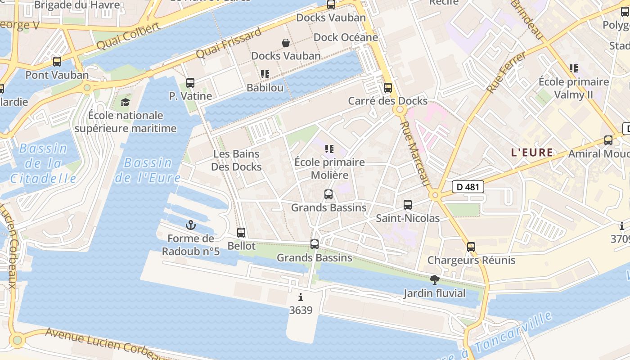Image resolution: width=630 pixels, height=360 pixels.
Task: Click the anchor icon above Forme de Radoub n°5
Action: click(x=191, y=225)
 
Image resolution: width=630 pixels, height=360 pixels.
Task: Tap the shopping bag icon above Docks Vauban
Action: click(x=286, y=43)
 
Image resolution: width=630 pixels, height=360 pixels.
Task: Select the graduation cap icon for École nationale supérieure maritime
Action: click(x=125, y=102)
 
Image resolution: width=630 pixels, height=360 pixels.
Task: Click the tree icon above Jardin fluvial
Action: click(x=434, y=280)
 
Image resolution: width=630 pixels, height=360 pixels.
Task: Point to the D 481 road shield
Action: click(x=468, y=187)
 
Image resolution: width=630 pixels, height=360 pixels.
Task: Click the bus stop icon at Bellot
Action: click(x=241, y=233)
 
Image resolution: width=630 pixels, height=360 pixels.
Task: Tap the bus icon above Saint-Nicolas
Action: click(x=408, y=205)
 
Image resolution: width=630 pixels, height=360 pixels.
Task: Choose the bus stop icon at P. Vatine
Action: click(x=190, y=83)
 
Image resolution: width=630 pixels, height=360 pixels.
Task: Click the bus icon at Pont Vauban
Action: click(x=57, y=62)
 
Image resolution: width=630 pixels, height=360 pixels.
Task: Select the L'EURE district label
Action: click(x=532, y=153)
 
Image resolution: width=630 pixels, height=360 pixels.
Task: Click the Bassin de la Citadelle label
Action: click(x=43, y=163)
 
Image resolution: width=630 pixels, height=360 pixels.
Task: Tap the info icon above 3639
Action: click(x=301, y=297)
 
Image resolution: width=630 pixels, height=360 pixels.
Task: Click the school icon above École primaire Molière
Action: click(x=329, y=149)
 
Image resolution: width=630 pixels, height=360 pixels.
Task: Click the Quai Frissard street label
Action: click(x=229, y=43)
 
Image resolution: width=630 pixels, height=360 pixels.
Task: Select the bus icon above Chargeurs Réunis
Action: click(x=471, y=247)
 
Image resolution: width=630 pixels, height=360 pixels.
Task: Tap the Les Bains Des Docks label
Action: click(x=236, y=160)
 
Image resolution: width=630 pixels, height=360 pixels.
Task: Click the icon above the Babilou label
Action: click(x=265, y=74)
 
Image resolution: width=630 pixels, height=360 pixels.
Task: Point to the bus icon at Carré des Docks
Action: click(x=388, y=88)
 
